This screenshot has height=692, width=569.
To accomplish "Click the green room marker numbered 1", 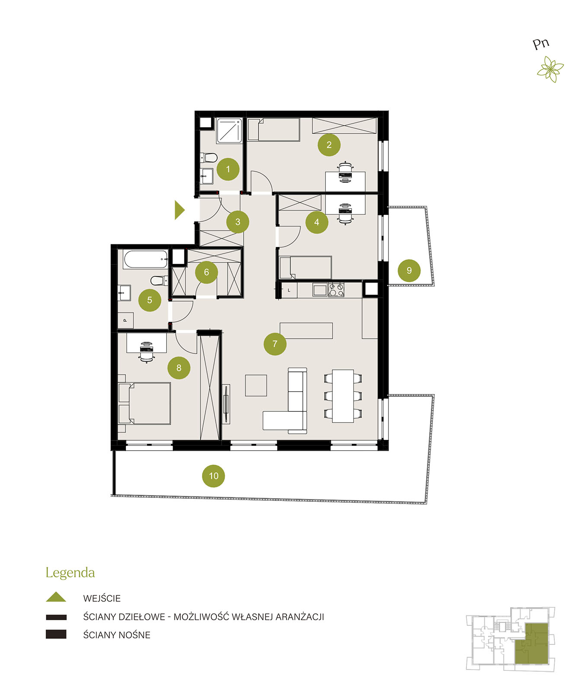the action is [x=228, y=169].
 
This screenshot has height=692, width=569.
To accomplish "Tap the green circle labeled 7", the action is [x=275, y=343].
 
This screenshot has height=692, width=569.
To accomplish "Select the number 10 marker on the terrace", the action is [x=213, y=476].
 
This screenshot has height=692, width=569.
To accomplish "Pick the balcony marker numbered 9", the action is [x=409, y=270].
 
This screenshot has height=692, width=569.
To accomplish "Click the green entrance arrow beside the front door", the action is [x=179, y=210].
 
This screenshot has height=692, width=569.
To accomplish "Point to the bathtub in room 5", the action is [x=146, y=260].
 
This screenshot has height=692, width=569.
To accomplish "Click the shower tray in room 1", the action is [x=229, y=131].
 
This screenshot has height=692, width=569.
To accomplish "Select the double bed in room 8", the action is [x=145, y=403].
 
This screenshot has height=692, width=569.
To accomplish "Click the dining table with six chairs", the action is [x=343, y=396].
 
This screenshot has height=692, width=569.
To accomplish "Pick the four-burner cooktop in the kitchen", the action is [x=336, y=290].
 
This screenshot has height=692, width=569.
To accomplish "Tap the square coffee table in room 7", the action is [x=256, y=385].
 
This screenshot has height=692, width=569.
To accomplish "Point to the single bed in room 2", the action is [x=273, y=130].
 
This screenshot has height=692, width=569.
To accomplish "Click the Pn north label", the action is [x=540, y=44].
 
